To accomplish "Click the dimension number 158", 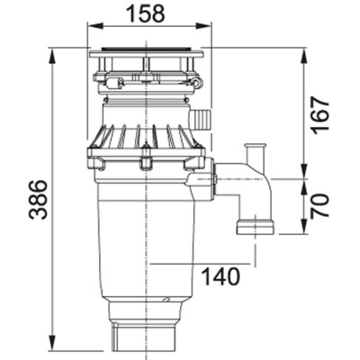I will click(x=144, y=13).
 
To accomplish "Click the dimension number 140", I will click(x=220, y=276).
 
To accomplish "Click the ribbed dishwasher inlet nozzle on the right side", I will click(x=201, y=118).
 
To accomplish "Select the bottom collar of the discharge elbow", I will click(x=255, y=225).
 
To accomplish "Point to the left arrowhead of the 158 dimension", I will click(x=90, y=28).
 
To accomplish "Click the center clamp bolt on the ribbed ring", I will click(x=144, y=162).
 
